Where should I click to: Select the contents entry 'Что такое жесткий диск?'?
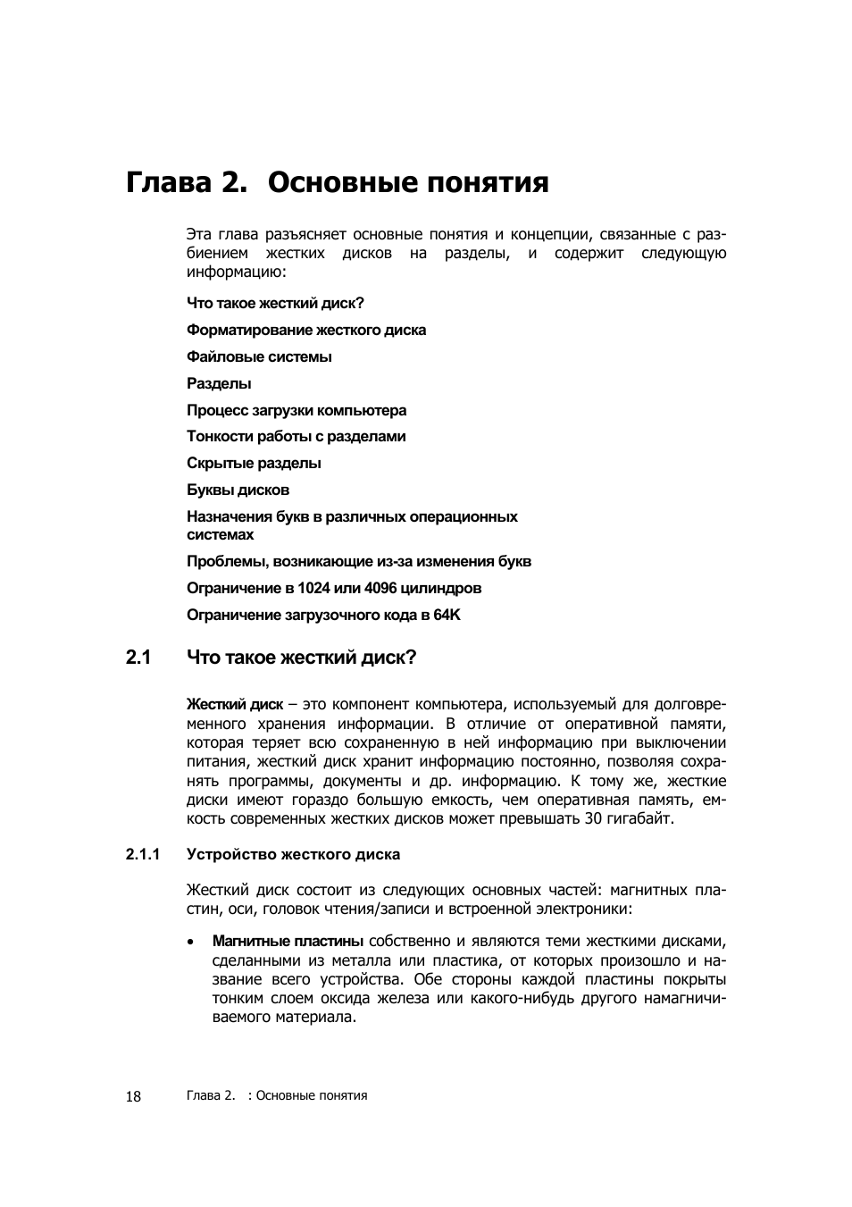(275, 303)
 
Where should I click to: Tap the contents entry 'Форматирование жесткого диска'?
(306, 330)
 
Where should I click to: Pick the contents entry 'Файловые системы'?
(259, 356)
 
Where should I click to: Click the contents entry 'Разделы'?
(219, 383)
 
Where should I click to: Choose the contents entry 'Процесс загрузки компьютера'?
(297, 410)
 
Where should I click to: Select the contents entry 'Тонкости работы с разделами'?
(296, 436)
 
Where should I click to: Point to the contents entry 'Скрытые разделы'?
(254, 463)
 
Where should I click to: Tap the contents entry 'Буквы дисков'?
(238, 490)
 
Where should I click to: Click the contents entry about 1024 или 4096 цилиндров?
(334, 588)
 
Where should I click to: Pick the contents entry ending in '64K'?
(323, 615)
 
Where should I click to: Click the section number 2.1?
(138, 658)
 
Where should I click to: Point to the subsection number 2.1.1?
(143, 855)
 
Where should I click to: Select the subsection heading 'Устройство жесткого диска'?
(293, 855)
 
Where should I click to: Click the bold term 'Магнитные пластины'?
(288, 941)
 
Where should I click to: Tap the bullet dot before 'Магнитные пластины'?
(191, 942)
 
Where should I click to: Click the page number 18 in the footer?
(133, 1097)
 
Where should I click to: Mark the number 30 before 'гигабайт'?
(593, 818)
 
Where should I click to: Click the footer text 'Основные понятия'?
(312, 1096)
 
